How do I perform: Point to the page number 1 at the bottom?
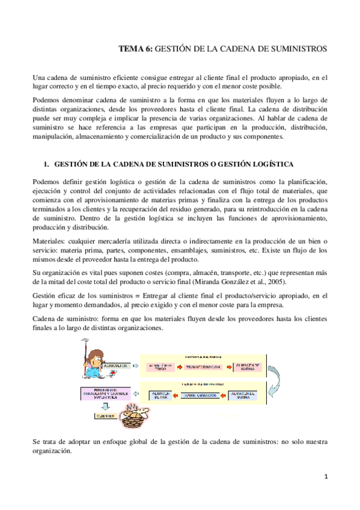326,477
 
